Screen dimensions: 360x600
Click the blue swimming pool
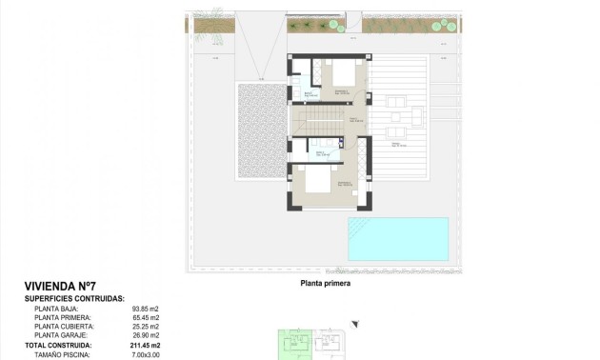pyautogui.click(x=397, y=238)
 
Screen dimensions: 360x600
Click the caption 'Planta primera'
pyautogui.click(x=326, y=284)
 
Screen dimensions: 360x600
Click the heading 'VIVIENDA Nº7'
pyautogui.click(x=59, y=286)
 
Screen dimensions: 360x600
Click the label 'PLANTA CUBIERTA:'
pyautogui.click(x=64, y=327)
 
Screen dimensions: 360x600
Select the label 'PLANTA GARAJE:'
pyautogui.click(x=61, y=335)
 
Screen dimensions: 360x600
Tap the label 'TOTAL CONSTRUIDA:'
pyautogui.click(x=63, y=345)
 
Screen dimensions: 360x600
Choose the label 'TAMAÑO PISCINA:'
pyautogui.click(x=62, y=354)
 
